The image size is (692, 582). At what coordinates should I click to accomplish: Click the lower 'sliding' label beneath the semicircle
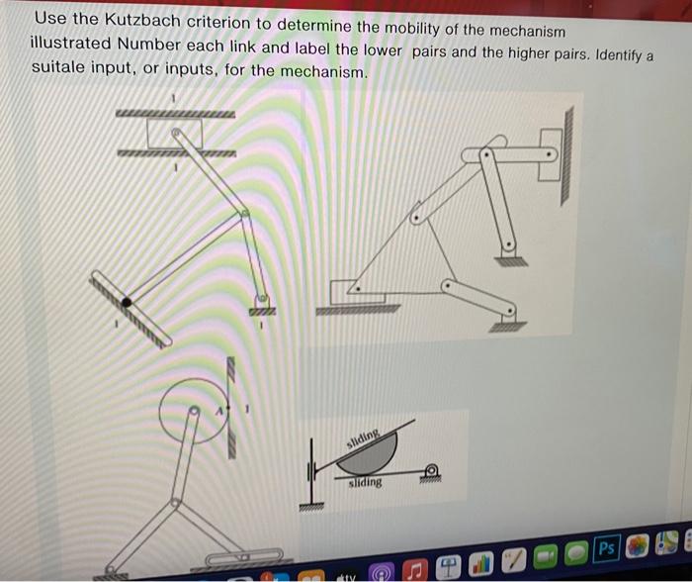(x=365, y=483)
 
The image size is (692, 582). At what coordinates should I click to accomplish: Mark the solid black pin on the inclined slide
(x=127, y=301)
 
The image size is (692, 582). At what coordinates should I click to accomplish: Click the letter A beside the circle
(x=221, y=407)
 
